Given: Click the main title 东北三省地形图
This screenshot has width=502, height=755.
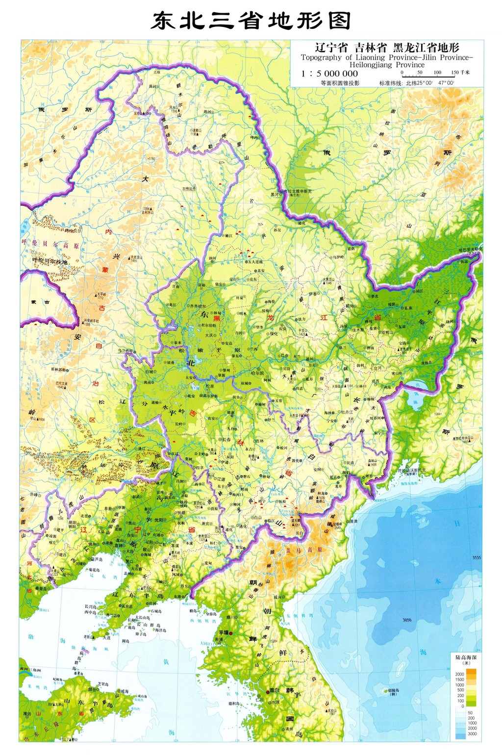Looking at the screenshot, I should (251, 20).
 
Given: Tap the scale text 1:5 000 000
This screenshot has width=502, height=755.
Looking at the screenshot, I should (329, 74).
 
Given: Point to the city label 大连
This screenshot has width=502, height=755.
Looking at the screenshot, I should (107, 638).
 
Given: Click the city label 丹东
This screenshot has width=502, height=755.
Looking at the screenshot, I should (183, 586).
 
